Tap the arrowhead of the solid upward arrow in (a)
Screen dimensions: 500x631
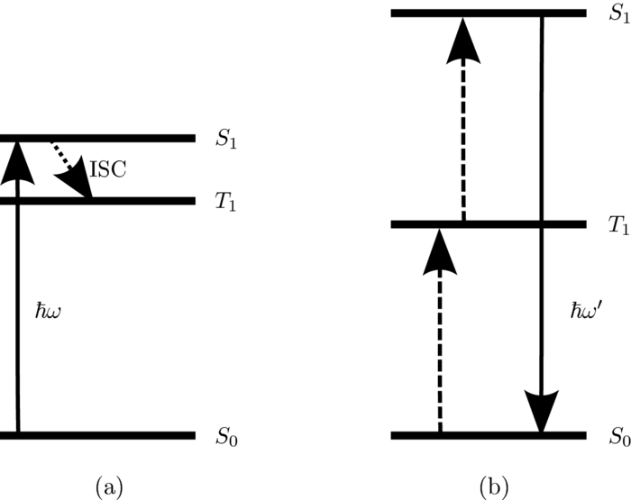click(x=17, y=159)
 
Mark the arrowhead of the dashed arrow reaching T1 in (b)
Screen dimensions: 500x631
click(x=439, y=247)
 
